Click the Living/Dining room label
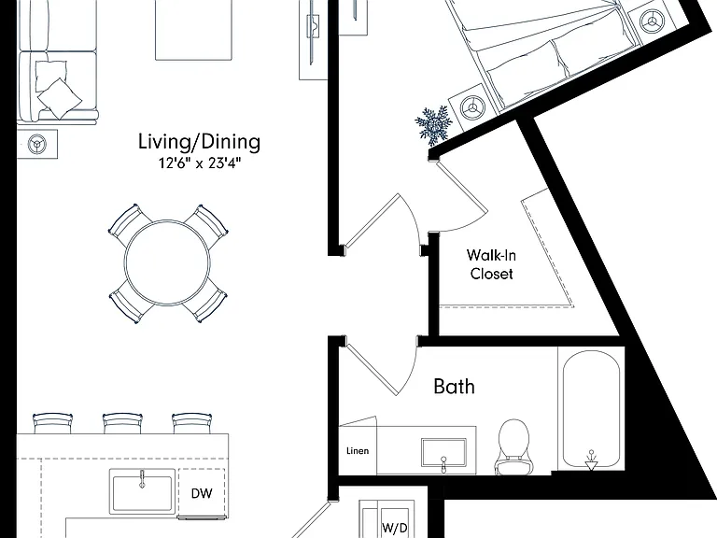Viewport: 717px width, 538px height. coord(200,142)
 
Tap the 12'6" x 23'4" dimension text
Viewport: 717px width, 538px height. coord(200,163)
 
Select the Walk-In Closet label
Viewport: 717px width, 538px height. coord(492,264)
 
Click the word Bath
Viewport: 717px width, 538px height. coord(454,387)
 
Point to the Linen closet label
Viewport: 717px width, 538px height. coord(358,451)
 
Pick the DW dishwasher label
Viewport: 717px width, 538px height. coord(202,493)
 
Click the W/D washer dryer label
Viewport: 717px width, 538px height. coord(395,528)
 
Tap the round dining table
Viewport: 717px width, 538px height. coord(167,262)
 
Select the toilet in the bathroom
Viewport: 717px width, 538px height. coord(513,446)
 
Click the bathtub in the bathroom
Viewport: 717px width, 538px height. coord(591,409)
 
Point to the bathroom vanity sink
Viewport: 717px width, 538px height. coord(444,453)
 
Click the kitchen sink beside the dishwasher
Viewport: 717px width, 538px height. coord(142,491)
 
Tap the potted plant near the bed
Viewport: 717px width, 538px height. coord(433,123)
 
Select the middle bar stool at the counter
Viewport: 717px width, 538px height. coord(122,423)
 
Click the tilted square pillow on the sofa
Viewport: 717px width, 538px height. coord(60,98)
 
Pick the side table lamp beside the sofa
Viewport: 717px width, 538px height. coord(36,144)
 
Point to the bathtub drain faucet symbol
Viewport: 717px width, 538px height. coord(591,460)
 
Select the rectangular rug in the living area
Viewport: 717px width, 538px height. coord(194,30)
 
